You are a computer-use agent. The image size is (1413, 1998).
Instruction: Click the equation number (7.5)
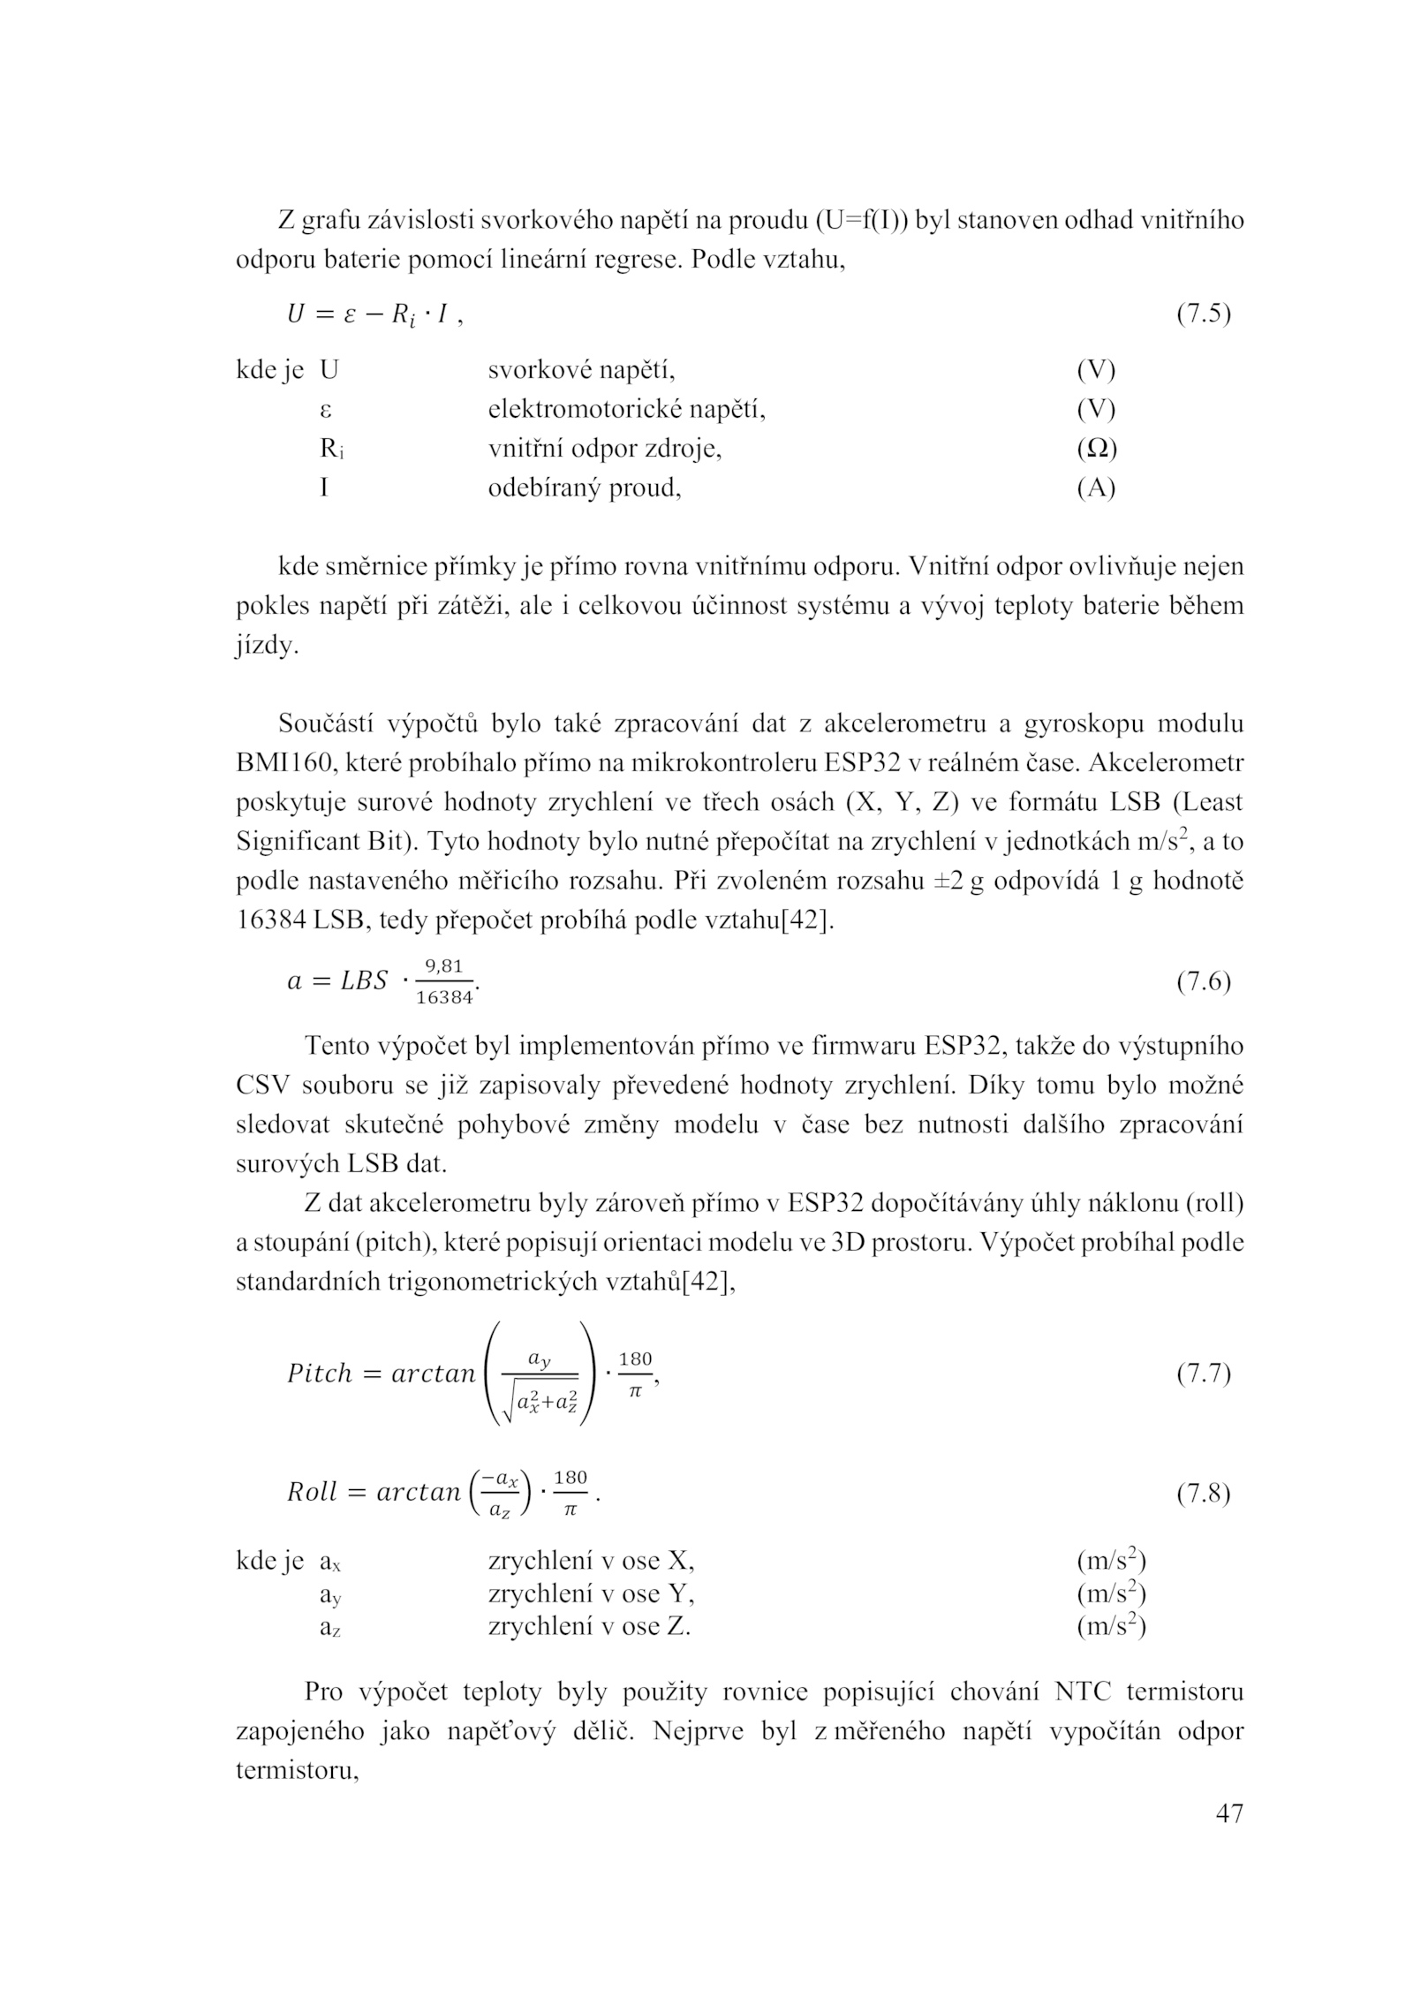pos(1204,314)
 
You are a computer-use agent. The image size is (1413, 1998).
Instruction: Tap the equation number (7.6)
pos(1204,982)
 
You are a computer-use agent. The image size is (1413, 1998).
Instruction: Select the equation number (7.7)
pos(1204,1374)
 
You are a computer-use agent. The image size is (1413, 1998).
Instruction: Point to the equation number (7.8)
pos(1204,1493)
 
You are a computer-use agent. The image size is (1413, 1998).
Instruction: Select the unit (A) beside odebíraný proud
pos(1096,488)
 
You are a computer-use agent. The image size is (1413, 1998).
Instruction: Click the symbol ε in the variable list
pos(325,410)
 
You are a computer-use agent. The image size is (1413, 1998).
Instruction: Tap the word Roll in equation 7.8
pos(313,1493)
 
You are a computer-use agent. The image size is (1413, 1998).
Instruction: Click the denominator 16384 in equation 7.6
pos(444,998)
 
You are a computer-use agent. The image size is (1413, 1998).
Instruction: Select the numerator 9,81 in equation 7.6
pos(444,967)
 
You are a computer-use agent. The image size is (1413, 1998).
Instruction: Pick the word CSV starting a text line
pos(262,1086)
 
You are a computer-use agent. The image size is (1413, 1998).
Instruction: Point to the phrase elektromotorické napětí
pos(626,410)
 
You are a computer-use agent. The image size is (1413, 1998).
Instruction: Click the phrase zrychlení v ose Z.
pos(589,1625)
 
